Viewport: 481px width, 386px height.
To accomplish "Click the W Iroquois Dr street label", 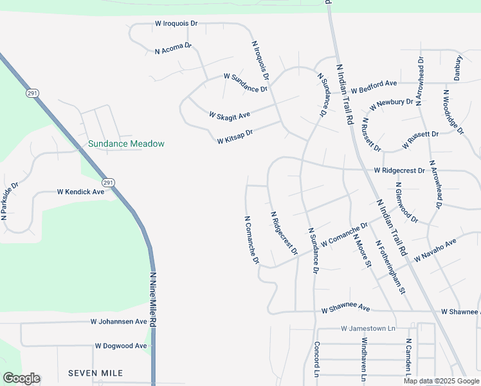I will (176, 23).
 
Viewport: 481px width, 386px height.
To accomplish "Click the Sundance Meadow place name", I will (126, 144).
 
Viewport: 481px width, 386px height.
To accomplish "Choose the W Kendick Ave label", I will (80, 192).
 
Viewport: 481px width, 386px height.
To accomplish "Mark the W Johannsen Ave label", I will (119, 321).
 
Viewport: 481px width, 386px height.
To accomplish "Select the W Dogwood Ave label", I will (121, 345).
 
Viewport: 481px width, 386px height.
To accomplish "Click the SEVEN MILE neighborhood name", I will (95, 373).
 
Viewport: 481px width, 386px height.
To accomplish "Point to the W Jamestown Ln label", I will (367, 328).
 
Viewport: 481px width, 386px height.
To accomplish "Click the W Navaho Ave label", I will (435, 250).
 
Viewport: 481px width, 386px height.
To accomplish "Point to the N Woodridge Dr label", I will (453, 112).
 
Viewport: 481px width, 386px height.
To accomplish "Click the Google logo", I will (21, 378).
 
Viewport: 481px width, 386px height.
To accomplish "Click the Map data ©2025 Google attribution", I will (441, 381).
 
